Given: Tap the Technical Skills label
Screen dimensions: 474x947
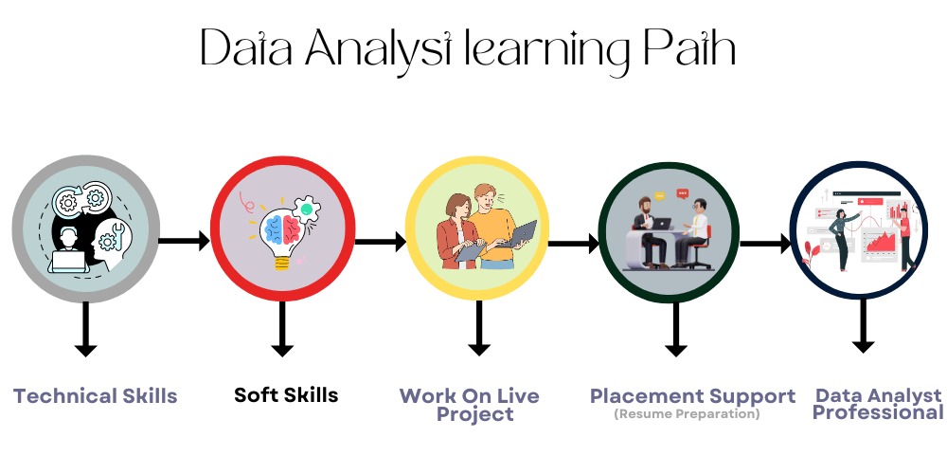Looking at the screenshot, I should tap(96, 395).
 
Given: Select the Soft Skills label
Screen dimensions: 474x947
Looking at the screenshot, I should tap(286, 394).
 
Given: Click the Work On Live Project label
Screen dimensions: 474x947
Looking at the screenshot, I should tap(469, 404).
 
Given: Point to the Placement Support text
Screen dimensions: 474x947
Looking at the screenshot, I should tap(692, 395).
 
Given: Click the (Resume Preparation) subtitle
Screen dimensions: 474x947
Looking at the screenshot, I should tap(687, 414).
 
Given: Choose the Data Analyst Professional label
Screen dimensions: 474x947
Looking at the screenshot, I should tap(878, 404).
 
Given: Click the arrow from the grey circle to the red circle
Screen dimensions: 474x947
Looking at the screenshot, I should tap(184, 241).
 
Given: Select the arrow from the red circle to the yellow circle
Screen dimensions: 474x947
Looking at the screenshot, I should tap(380, 242).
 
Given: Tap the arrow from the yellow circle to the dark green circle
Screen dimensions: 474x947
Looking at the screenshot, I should tap(574, 243).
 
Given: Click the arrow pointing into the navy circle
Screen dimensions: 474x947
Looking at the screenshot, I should tap(765, 244).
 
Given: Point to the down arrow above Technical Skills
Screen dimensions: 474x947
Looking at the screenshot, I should tap(85, 328).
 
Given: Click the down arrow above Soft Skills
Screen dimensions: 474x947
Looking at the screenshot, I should tap(280, 328).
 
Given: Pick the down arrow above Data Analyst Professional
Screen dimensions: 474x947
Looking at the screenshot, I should tap(862, 326).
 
